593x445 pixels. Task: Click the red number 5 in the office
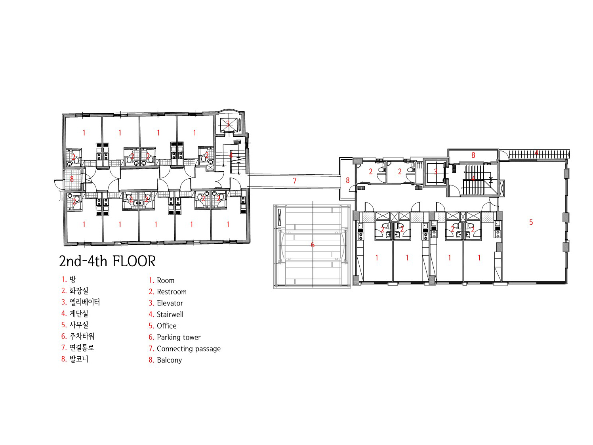click(x=531, y=222)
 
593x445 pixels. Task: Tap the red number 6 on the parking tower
click(x=313, y=245)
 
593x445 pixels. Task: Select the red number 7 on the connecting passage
click(x=294, y=180)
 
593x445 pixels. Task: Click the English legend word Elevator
click(x=170, y=303)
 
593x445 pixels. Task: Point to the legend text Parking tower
click(x=179, y=337)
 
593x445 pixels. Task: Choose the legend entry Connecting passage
click(x=189, y=349)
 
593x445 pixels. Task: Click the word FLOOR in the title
click(x=134, y=261)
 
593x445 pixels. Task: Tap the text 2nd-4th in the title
click(x=83, y=261)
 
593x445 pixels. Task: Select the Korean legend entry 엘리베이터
click(x=84, y=302)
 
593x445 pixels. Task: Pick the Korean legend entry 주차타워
click(x=82, y=336)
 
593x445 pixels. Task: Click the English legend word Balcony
click(x=169, y=360)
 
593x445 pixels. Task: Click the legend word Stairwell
click(x=170, y=315)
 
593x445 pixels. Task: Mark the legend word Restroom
click(x=172, y=292)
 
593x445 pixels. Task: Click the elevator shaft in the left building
click(x=228, y=124)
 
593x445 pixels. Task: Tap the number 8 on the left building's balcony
click(x=72, y=179)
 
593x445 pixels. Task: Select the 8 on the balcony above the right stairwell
click(x=473, y=155)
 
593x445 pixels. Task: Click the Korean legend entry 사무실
click(x=79, y=325)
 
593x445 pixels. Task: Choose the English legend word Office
click(x=166, y=326)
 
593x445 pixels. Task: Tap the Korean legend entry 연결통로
click(x=82, y=348)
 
